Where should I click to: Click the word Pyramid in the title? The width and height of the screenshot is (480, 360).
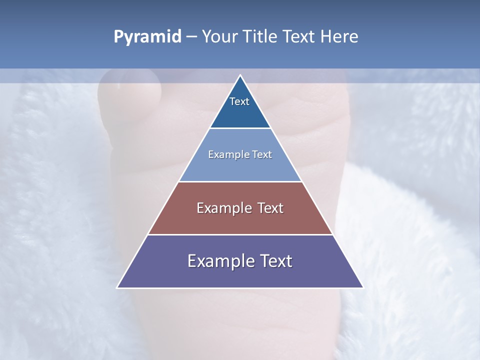click(x=147, y=37)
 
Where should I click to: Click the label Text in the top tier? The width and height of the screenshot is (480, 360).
click(x=239, y=101)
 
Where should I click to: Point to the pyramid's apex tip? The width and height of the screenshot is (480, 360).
click(x=240, y=76)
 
